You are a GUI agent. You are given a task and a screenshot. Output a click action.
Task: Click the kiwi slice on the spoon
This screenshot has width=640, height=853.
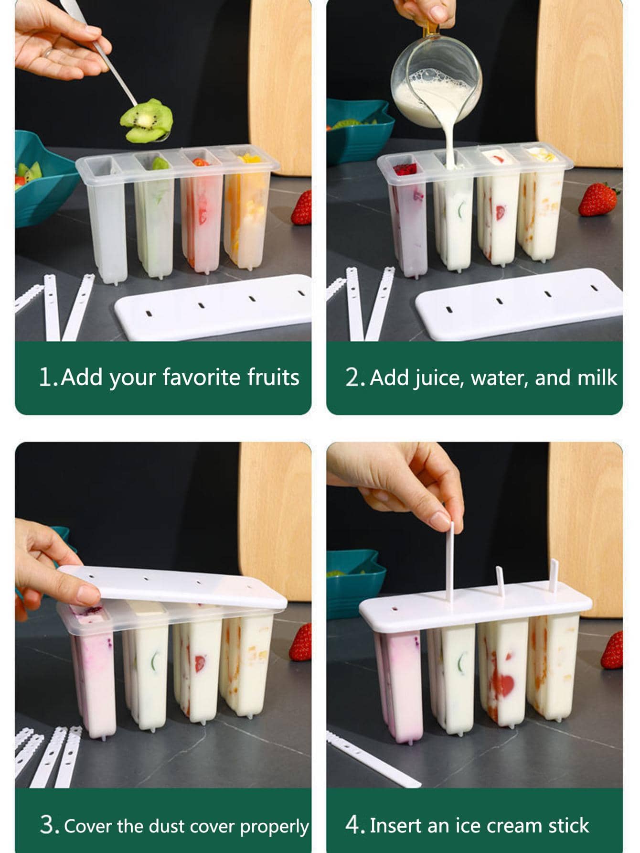coord(146,120)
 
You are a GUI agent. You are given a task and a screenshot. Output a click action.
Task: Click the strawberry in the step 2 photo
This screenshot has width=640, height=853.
coord(598,199)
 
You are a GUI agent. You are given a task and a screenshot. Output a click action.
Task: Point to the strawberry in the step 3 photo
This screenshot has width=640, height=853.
coord(300,642)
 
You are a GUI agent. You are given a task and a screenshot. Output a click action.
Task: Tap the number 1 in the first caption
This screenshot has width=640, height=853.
coord(46,377)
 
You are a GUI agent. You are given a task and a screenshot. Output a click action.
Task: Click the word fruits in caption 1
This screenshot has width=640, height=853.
coord(273,377)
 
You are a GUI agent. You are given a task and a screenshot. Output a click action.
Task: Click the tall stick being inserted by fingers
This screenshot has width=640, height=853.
coord(450,561)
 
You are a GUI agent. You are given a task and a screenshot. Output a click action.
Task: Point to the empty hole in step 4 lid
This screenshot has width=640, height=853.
coord(394,610)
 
